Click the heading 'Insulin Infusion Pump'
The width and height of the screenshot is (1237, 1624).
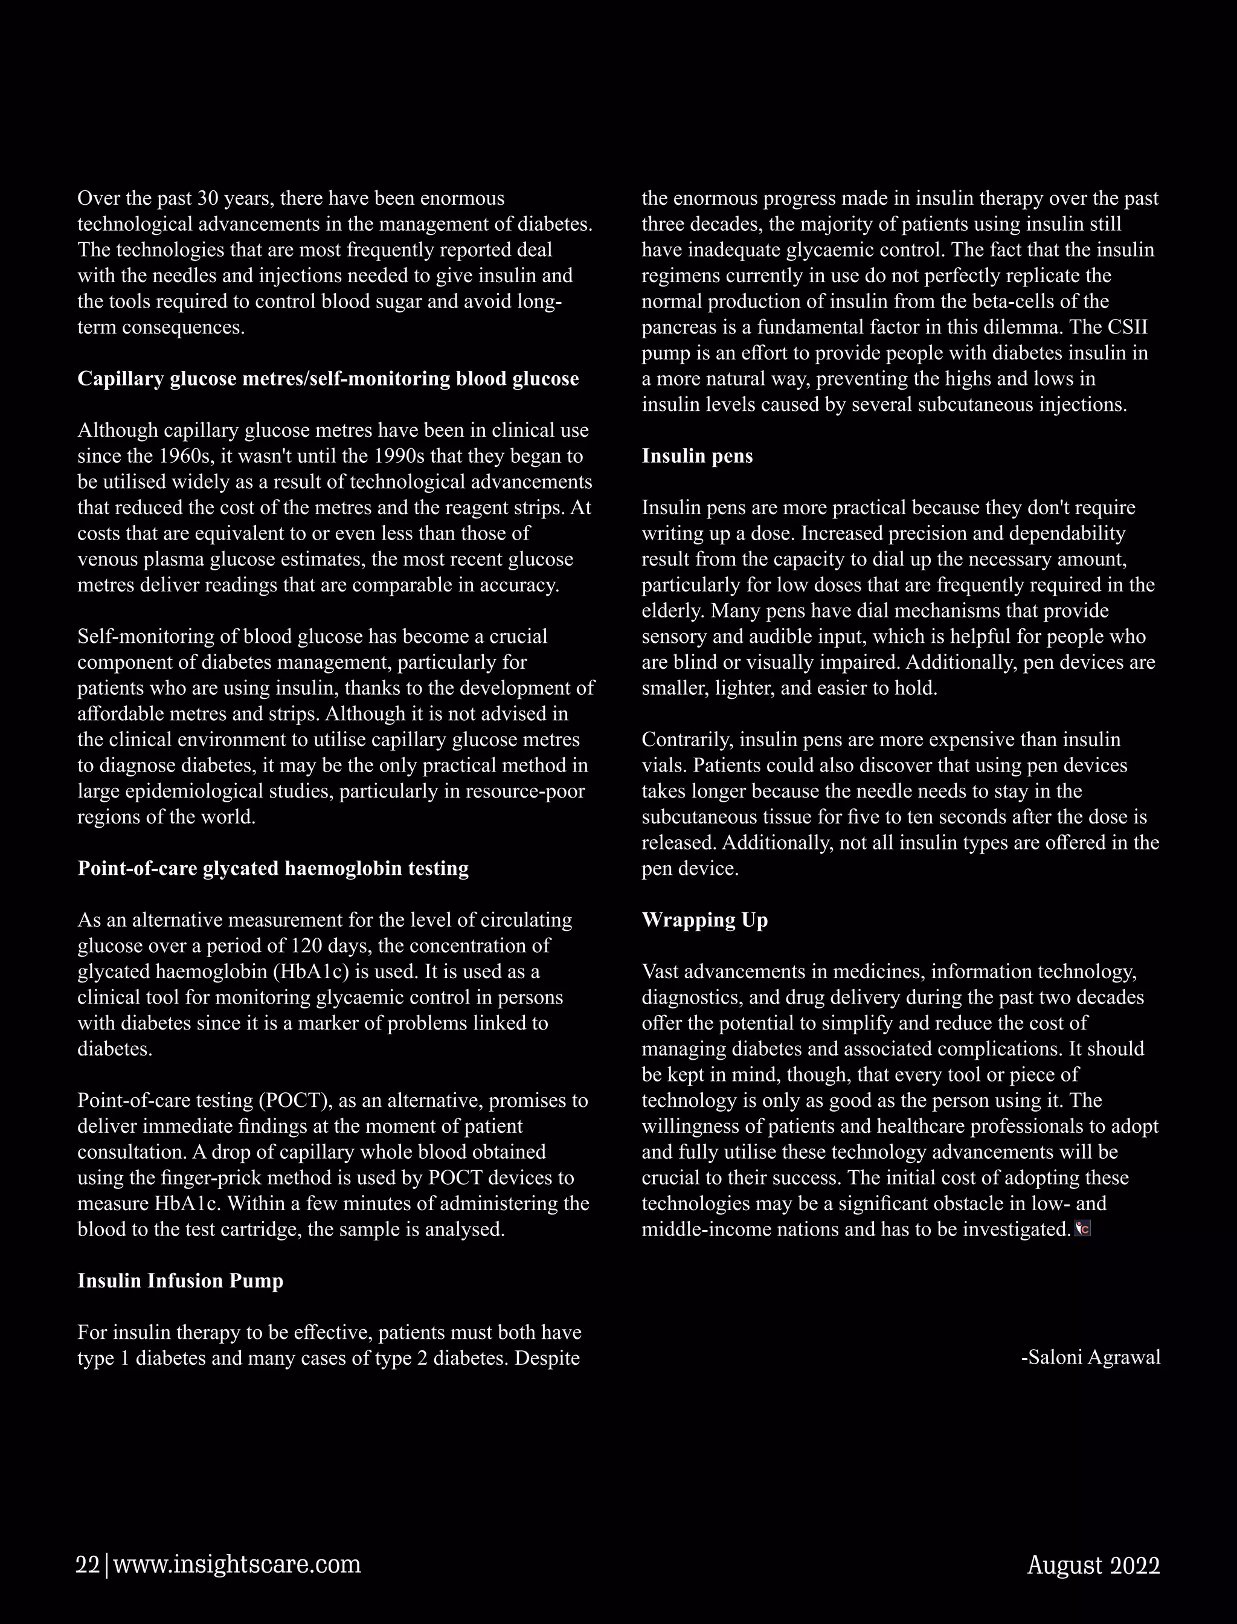(181, 1281)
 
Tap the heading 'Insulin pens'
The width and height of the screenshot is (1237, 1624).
(696, 456)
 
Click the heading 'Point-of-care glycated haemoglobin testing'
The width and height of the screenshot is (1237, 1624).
(273, 868)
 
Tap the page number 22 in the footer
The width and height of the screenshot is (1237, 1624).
(88, 1565)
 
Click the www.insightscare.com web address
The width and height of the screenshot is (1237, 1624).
(237, 1565)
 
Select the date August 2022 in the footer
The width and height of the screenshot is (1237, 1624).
(1093, 1565)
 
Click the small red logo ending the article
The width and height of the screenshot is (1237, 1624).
(1082, 1229)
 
